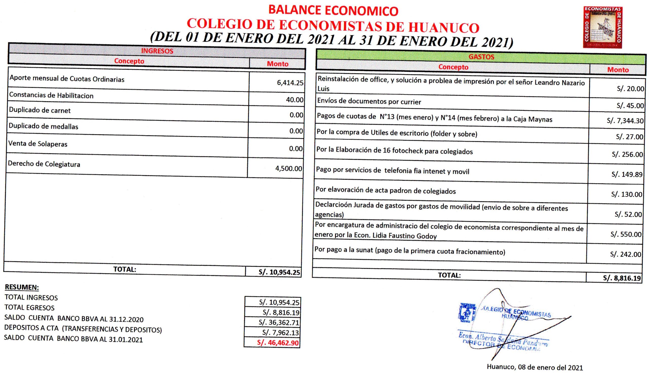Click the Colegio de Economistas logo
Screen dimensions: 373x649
click(602, 27)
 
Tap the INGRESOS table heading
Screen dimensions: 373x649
click(157, 51)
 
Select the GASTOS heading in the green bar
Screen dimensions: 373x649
click(481, 57)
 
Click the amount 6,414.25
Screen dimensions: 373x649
click(290, 83)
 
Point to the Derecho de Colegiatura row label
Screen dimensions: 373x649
click(44, 164)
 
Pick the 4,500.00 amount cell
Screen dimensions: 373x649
click(289, 168)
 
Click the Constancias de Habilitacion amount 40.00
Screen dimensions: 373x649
click(295, 100)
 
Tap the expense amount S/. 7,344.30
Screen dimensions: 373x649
click(625, 121)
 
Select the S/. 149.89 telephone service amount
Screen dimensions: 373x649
click(627, 175)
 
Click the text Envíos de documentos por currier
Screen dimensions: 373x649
click(369, 102)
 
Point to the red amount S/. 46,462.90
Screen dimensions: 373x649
click(278, 343)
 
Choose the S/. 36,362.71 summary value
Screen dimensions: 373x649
click(279, 322)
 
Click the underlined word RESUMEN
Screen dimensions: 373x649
click(22, 287)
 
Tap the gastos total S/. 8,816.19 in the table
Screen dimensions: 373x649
click(622, 278)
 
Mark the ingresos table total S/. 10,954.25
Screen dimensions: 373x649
click(279, 272)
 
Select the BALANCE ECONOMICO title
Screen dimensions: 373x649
click(333, 11)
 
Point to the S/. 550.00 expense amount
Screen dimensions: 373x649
click(626, 234)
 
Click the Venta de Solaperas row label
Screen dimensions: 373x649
click(38, 144)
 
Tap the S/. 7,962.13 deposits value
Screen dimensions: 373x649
click(280, 332)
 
